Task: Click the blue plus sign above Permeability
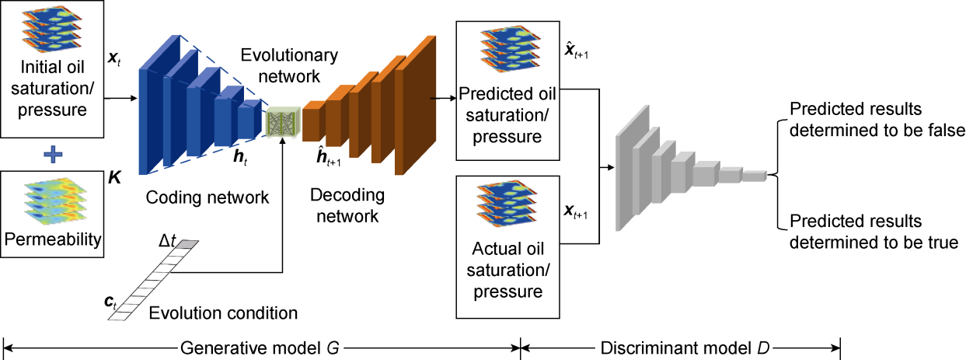(x=53, y=155)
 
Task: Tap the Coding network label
(x=207, y=197)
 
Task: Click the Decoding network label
(x=345, y=203)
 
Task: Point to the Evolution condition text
(x=223, y=314)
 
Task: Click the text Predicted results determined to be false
(x=877, y=118)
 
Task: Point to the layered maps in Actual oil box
(x=507, y=203)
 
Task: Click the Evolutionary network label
(x=289, y=65)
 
